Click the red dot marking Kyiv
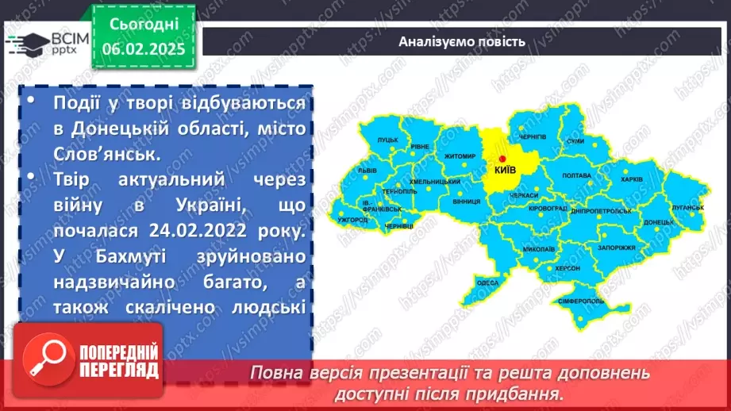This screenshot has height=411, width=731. click(502, 159)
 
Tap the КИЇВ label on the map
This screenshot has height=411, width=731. click(505, 169)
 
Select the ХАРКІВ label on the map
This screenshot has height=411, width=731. click(631, 180)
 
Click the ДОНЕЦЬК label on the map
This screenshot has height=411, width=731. click(659, 223)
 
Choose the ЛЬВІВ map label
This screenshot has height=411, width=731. click(367, 170)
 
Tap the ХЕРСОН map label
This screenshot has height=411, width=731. click(565, 268)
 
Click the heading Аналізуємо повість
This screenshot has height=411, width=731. click(461, 42)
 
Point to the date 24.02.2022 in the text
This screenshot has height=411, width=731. click(177, 232)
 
